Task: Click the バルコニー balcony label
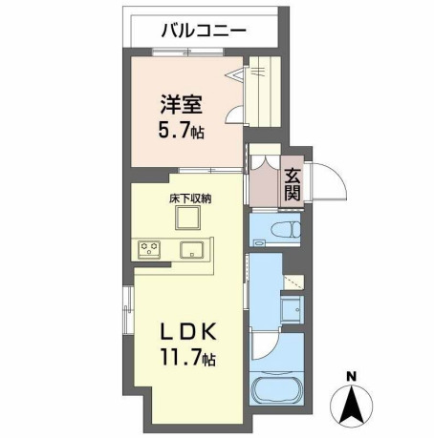tap(203, 30)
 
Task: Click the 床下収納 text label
tap(190, 198)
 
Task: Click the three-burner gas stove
tap(149, 250)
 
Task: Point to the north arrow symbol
tap(351, 405)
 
